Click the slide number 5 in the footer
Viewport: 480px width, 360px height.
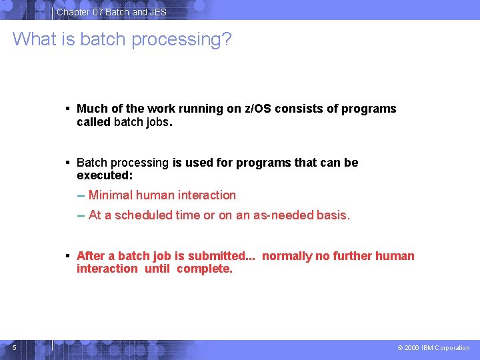tap(14, 347)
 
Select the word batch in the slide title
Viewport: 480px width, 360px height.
tap(103, 39)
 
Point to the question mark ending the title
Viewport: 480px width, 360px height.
tap(227, 39)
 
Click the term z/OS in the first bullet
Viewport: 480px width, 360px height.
tap(258, 109)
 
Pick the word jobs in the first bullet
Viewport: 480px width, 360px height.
tap(157, 122)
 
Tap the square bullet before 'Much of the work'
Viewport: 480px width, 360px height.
tap(67, 109)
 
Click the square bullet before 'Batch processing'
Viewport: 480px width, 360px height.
tap(67, 162)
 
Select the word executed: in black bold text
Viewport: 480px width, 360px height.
tap(105, 175)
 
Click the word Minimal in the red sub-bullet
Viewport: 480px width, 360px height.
tap(110, 195)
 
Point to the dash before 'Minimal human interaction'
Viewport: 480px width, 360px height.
tap(81, 195)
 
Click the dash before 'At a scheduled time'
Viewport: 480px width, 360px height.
tap(81, 215)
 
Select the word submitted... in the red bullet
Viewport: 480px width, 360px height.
tap(221, 256)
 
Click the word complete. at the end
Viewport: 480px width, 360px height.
tap(205, 269)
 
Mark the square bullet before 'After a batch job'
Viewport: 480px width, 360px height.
tap(67, 256)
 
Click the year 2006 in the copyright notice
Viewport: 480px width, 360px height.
tap(411, 348)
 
